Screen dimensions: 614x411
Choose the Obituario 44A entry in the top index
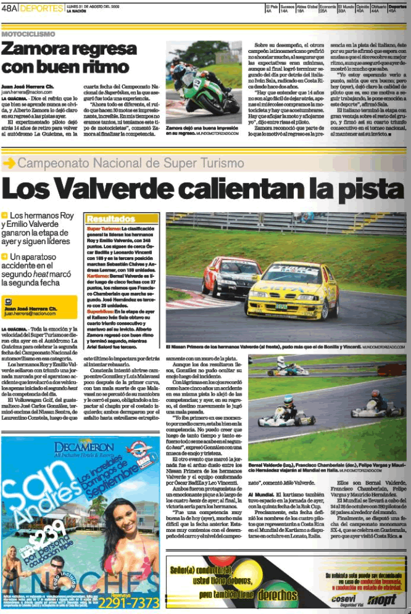[380, 8]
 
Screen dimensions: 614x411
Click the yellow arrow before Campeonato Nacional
[9, 163]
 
